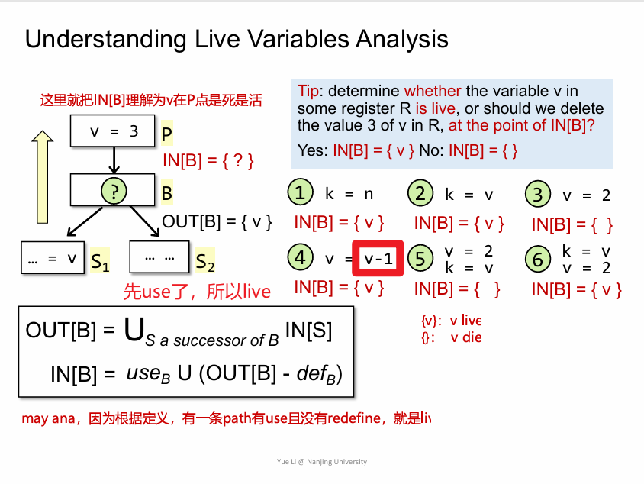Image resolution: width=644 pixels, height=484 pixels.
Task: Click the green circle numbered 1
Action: [300, 192]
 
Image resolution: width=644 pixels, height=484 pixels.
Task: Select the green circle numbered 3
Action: [538, 193]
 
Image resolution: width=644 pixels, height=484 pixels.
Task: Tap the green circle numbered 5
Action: [420, 258]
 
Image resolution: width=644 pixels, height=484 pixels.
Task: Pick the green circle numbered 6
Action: [538, 259]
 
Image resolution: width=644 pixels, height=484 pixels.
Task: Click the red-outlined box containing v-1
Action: [378, 258]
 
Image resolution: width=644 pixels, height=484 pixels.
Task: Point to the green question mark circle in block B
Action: [114, 191]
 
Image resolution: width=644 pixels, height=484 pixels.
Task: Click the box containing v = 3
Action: [112, 131]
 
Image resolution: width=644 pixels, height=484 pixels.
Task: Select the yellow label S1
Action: [100, 261]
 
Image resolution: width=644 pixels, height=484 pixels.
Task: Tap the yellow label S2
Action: [205, 261]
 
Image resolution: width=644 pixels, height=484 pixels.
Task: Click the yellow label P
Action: [167, 133]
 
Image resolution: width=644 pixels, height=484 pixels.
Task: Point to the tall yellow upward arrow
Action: [42, 177]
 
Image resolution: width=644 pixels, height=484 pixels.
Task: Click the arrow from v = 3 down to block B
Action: [114, 160]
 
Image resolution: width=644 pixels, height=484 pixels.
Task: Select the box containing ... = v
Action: [53, 257]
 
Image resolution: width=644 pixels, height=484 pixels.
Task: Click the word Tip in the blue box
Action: [308, 91]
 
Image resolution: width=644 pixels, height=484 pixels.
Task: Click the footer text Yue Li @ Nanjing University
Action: [322, 462]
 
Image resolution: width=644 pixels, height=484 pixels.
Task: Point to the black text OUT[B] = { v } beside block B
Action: [217, 222]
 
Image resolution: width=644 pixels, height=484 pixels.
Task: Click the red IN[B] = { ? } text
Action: [208, 160]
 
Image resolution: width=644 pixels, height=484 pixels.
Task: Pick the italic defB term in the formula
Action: [317, 373]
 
